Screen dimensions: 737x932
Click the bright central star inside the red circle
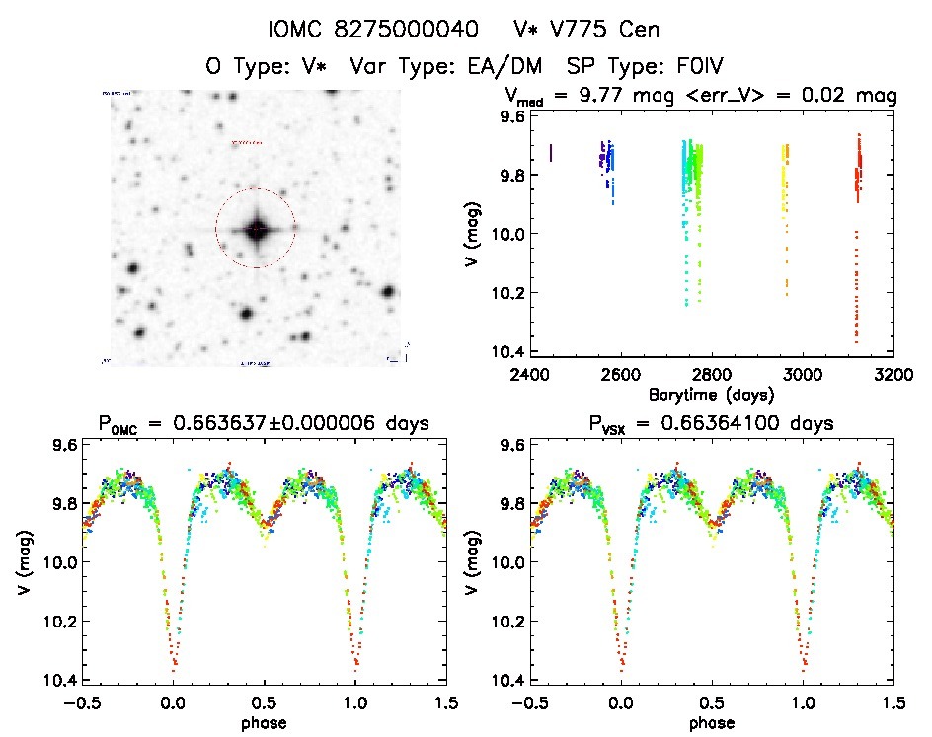click(x=256, y=229)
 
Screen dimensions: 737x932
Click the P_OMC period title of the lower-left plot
click(x=263, y=425)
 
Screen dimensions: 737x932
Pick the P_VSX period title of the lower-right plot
click(x=711, y=425)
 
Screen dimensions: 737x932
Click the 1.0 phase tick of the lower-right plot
click(x=803, y=702)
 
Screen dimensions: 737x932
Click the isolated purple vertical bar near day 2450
click(x=551, y=153)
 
